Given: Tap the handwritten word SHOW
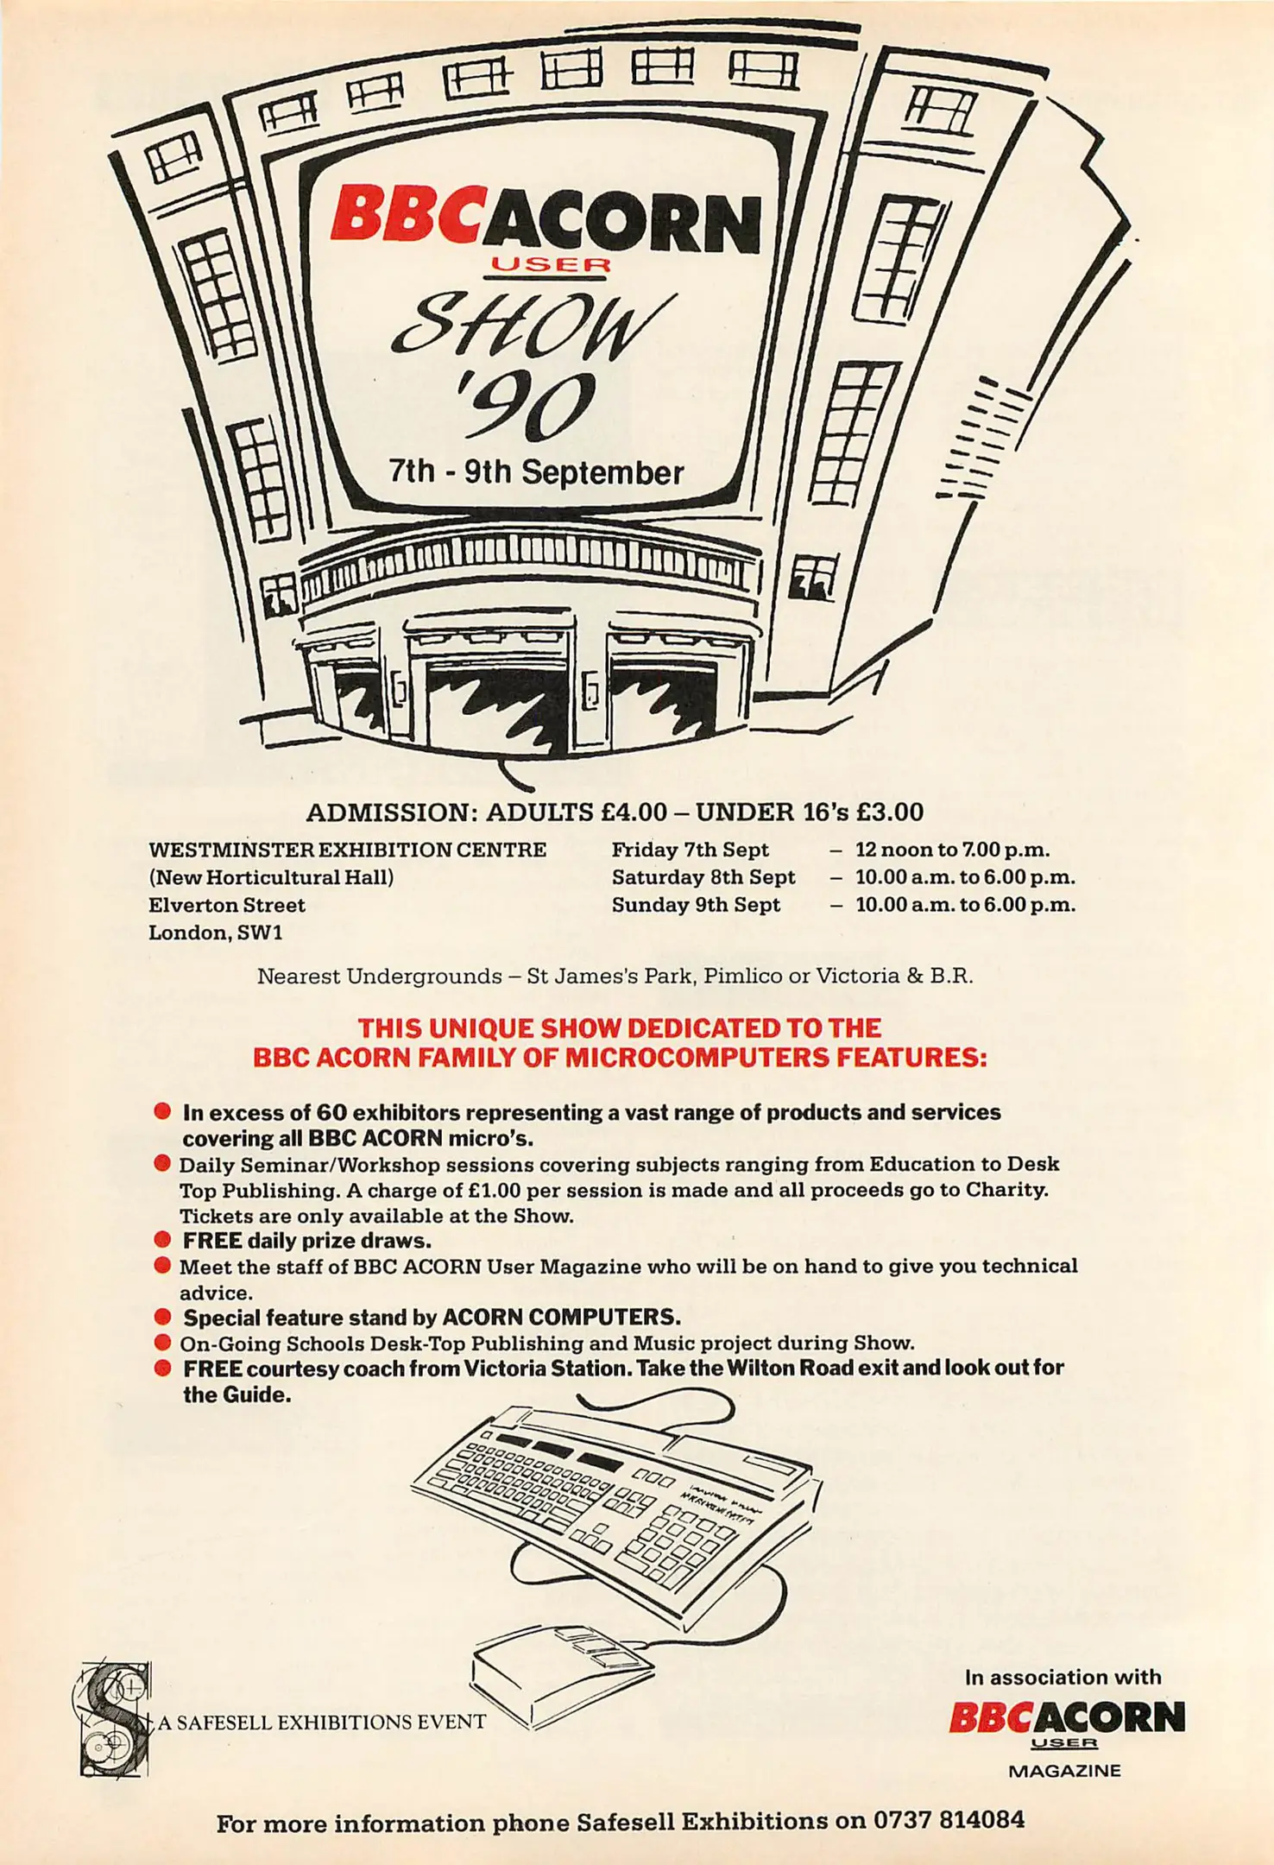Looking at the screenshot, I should coord(531,326).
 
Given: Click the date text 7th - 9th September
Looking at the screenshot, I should coord(536,472).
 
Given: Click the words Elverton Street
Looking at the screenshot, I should coord(227,905).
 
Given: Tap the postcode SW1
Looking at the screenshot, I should coord(261,932).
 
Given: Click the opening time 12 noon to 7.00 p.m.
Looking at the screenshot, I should coord(952,850).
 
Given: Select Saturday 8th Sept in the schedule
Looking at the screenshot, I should coord(703,877).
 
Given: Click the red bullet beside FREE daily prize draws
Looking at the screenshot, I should coord(162,1241).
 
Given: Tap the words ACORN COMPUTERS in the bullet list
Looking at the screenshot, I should coord(561,1318).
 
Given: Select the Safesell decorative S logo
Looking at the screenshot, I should coord(114,1718).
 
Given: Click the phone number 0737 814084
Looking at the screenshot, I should coord(949,1820).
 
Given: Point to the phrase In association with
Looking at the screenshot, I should coord(1063,1677).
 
